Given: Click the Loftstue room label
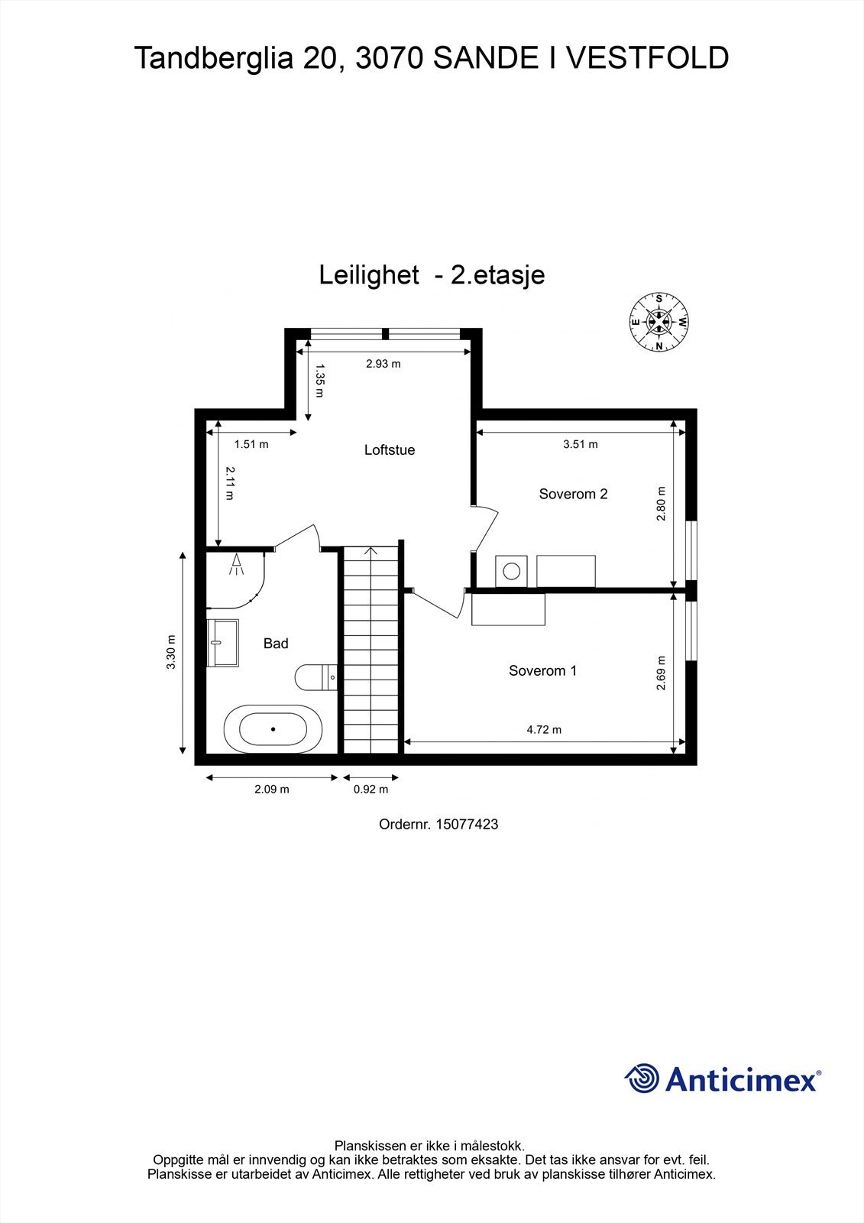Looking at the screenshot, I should (389, 450).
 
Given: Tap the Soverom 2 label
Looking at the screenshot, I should (573, 494).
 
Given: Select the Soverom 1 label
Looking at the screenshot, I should (542, 670).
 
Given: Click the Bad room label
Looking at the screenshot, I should (276, 644).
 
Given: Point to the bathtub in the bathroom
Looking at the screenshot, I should (273, 729).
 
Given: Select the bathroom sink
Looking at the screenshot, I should (222, 643).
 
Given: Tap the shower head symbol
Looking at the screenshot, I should (237, 564).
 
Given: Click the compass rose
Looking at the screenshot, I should (659, 322).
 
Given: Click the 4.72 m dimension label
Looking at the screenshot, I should (544, 729).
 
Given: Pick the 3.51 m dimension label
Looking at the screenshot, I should (580, 444).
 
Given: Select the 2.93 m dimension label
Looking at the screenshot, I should (383, 364).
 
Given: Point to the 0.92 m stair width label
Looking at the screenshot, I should (371, 789).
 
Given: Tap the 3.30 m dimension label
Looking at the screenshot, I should (171, 652).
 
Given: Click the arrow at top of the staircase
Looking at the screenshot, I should (371, 551).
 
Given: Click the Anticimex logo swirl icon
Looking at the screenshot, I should (642, 1079).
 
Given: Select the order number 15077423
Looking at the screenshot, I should (466, 824).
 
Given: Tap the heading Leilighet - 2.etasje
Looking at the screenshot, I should (432, 274).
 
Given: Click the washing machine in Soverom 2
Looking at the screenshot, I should (510, 571).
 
